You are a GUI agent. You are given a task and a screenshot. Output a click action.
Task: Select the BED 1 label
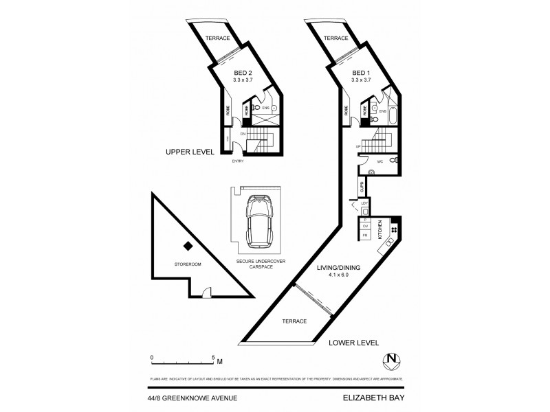pos(361,73)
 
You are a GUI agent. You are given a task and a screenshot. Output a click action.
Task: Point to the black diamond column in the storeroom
pos(186,247)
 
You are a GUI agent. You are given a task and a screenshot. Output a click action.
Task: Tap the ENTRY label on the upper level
pos(238,161)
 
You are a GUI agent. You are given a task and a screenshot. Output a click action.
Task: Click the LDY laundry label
pos(365,203)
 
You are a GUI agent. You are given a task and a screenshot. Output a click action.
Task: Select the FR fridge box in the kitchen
pos(366,235)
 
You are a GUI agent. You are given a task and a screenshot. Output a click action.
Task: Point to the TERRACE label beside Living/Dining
pos(294,321)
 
